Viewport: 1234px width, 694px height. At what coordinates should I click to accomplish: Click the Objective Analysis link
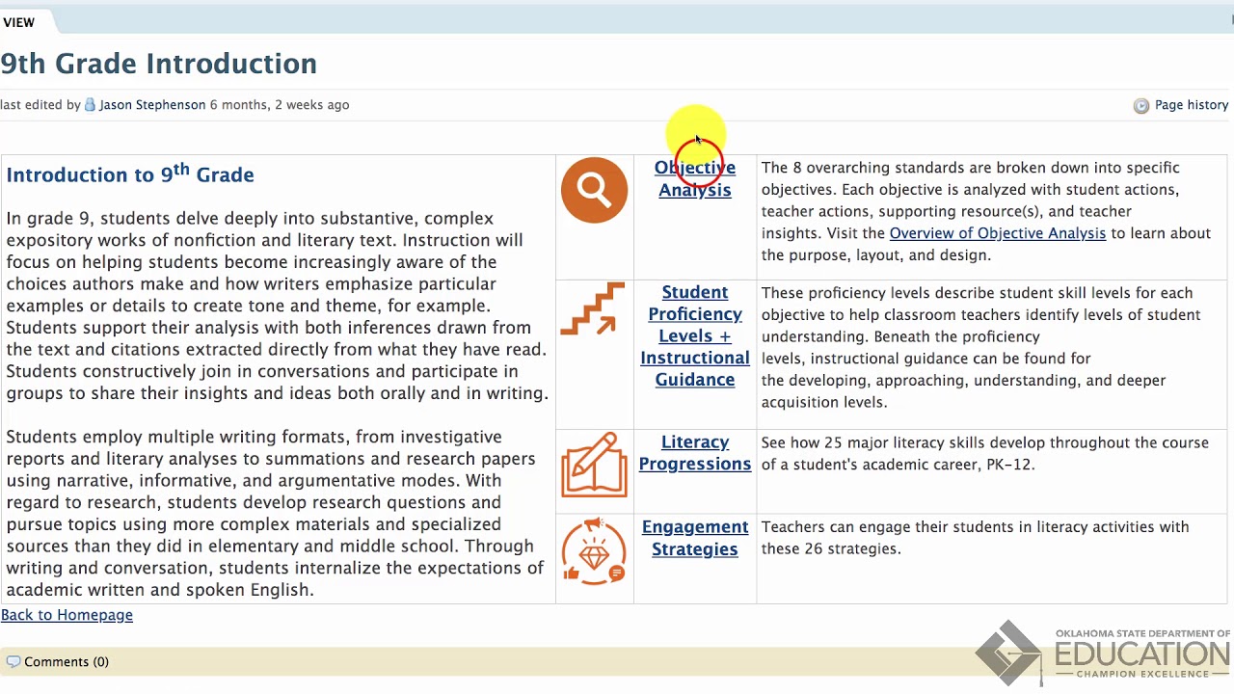click(694, 179)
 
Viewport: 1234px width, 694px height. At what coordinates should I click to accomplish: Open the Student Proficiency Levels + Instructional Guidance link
click(694, 335)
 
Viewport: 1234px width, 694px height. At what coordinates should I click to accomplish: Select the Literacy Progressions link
click(694, 453)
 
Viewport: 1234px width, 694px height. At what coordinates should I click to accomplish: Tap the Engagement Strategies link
click(694, 538)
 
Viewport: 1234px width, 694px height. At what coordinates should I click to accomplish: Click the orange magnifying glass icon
click(594, 191)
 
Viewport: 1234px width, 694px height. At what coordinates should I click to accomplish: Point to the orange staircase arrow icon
click(593, 309)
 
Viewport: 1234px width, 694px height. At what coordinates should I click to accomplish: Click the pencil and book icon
click(594, 466)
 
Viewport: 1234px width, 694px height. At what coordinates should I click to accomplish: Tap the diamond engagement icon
click(594, 552)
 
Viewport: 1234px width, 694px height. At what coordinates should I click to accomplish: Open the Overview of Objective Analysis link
click(997, 233)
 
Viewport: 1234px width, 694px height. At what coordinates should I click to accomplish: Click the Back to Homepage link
click(67, 615)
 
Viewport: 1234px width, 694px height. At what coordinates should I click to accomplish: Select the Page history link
click(1191, 105)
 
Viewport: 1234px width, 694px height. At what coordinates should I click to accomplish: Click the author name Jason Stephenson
click(151, 105)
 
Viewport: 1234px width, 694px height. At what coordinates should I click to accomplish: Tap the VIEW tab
click(19, 22)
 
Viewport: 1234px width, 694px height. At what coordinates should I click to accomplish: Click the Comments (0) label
click(66, 662)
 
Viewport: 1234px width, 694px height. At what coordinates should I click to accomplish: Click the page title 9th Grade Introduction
click(159, 64)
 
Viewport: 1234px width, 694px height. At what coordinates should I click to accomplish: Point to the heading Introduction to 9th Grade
click(130, 174)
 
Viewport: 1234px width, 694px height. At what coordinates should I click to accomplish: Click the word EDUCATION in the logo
click(1141, 654)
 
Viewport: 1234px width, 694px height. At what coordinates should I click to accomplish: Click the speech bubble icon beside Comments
click(13, 662)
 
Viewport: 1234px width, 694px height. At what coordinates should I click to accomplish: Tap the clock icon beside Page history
click(1141, 106)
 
